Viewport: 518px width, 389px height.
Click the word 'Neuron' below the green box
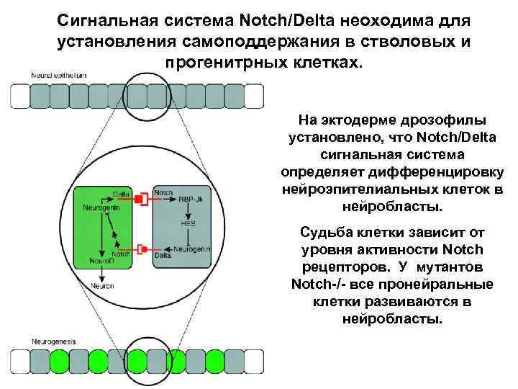101,285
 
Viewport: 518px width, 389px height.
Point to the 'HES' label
188,224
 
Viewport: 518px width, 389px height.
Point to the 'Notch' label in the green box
120,254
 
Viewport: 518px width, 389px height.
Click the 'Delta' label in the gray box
163,255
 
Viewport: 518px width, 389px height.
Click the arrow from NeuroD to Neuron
101,273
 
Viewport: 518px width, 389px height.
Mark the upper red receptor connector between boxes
143,197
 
